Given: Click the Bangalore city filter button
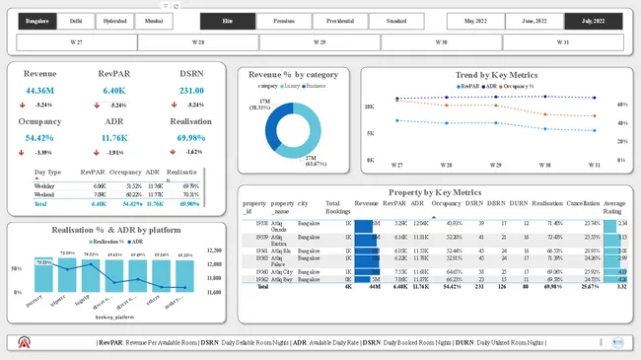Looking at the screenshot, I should tap(37, 21).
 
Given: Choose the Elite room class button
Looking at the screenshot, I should tap(229, 21).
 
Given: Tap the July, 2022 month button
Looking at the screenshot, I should tap(593, 21).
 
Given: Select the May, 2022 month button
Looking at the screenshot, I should tap(475, 21).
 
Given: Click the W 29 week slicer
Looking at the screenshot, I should tap(320, 42).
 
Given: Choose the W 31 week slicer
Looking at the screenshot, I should tap(562, 42).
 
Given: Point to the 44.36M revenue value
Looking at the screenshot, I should tap(40, 91).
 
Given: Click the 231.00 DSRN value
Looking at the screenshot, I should tap(191, 91).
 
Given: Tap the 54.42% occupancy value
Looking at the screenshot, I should tap(40, 138).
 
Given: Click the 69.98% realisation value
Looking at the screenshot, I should tap(191, 138).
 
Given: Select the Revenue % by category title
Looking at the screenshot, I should tap(293, 75).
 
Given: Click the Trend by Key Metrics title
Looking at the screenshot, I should tap(495, 75).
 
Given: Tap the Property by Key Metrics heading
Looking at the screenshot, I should tap(434, 192).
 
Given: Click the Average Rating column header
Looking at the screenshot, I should tap(614, 206).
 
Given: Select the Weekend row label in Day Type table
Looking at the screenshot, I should tap(44, 194).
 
